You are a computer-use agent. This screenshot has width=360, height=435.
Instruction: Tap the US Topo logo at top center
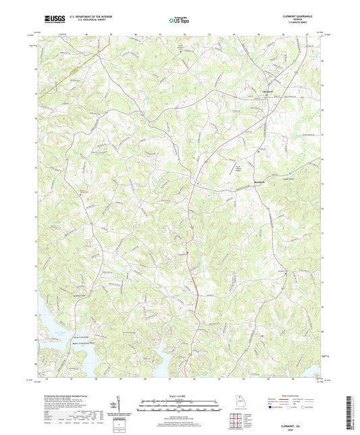(180, 21)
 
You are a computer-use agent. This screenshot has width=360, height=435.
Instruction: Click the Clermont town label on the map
(267, 92)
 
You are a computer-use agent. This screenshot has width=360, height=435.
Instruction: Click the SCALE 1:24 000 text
(180, 396)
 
